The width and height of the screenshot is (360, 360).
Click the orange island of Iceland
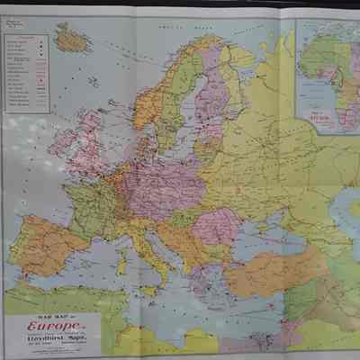[x=71, y=39]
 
